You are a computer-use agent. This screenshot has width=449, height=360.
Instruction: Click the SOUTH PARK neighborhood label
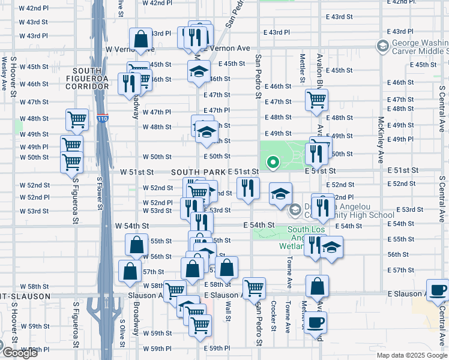(198, 172)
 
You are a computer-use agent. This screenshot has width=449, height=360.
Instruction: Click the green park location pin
(273, 162)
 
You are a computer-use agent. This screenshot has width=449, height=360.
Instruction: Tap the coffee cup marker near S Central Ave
(437, 290)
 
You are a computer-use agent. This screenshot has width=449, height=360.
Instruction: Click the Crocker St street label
(274, 316)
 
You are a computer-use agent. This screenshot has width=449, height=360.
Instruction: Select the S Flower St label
(100, 199)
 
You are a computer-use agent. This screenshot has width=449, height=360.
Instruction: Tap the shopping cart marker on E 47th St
(316, 100)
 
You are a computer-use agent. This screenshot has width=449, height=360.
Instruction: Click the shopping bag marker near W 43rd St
(140, 40)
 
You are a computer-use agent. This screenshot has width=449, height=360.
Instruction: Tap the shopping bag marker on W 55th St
(137, 245)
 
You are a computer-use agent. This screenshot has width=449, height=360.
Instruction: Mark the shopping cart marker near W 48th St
(77, 119)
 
